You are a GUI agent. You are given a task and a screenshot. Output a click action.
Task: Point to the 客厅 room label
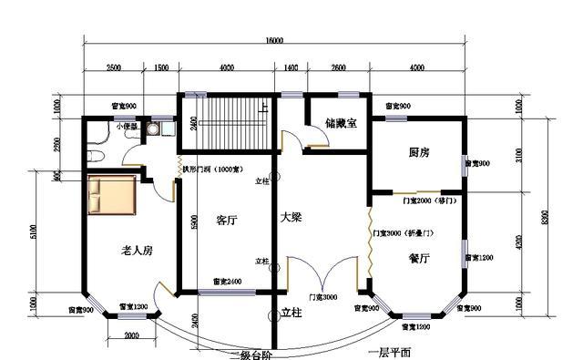228,220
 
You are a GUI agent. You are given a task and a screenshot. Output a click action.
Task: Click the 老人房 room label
136,249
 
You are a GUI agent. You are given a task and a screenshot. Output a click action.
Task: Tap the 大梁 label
290,219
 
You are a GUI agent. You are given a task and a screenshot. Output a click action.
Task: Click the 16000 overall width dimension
274,41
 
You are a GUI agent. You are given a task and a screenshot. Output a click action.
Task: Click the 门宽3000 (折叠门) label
405,234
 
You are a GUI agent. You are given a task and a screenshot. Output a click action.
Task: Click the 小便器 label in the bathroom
126,127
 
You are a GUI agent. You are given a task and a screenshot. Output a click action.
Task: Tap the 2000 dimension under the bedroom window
130,335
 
